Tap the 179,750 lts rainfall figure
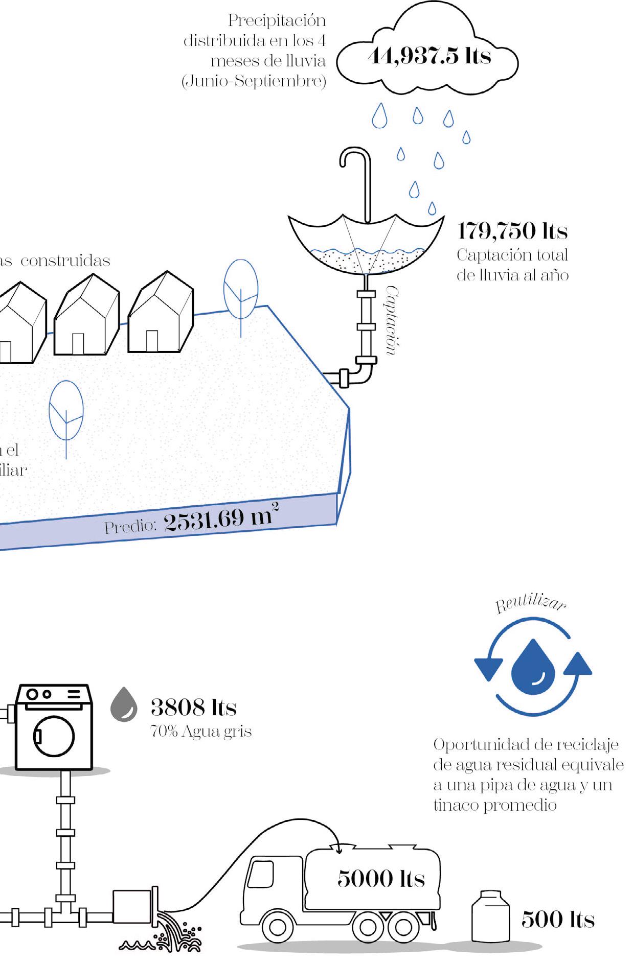(x=512, y=231)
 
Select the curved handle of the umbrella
(x=354, y=158)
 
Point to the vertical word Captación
(x=391, y=320)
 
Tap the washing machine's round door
(x=54, y=736)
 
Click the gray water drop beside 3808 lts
(x=124, y=704)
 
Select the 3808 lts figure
(x=193, y=708)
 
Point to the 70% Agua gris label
(x=201, y=732)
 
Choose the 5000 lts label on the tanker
(x=381, y=878)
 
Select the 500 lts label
(x=558, y=919)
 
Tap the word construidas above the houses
(x=65, y=261)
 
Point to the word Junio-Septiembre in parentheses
(x=254, y=81)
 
